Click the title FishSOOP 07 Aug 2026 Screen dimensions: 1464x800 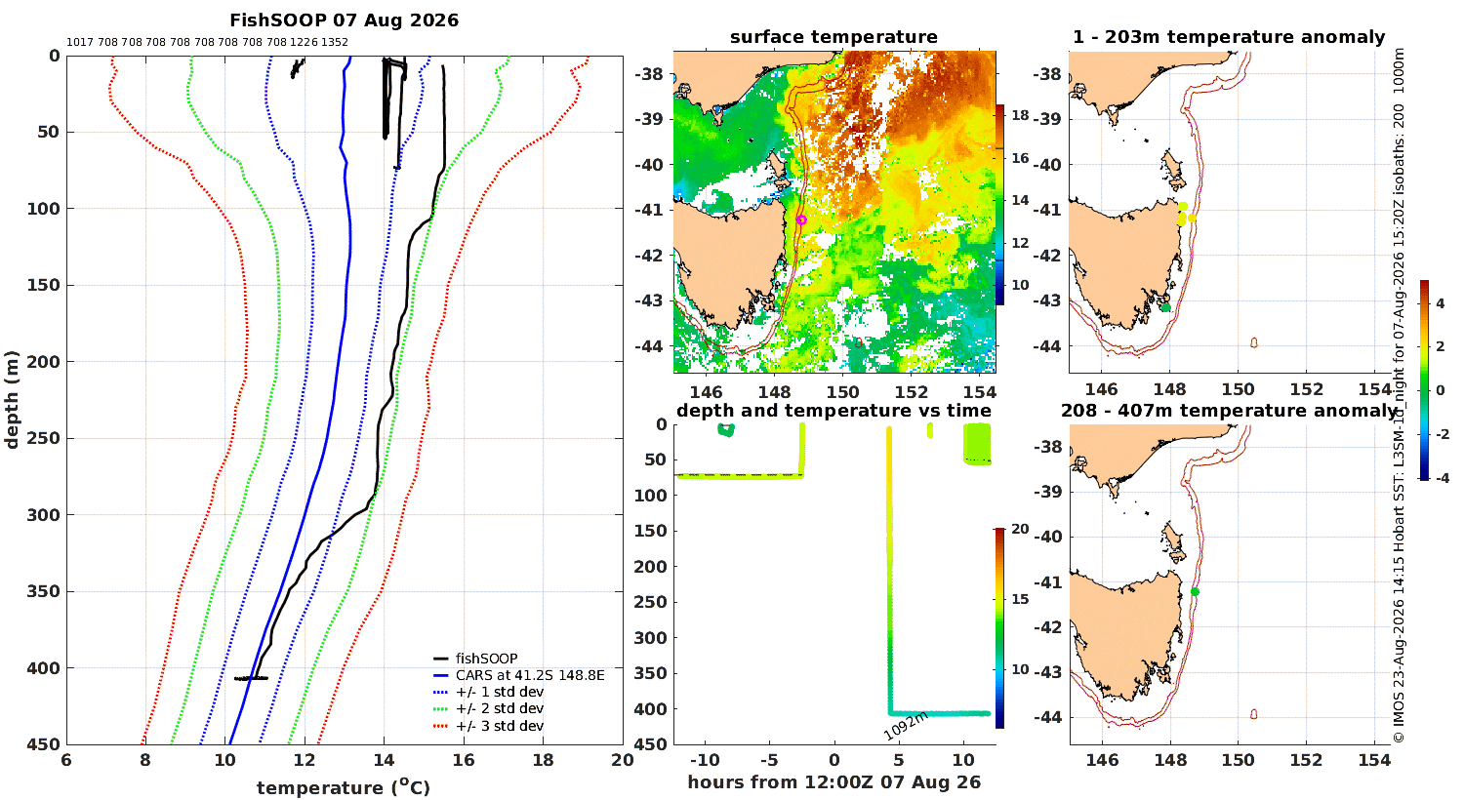pos(344,20)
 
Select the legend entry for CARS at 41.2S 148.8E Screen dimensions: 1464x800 pos(519,675)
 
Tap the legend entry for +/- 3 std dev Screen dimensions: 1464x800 pos(488,726)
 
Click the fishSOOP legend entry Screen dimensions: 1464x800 pos(475,659)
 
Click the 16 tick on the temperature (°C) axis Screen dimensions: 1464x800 pos(464,760)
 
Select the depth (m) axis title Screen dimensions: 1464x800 pos(12,400)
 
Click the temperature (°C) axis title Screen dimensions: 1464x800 pos(344,787)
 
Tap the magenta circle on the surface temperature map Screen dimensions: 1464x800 pos(801,220)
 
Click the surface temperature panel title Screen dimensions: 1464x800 pos(834,37)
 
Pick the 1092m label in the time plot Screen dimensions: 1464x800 pos(906,726)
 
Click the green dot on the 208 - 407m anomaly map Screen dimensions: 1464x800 pos(1195,591)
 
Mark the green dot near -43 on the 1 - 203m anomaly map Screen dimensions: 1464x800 pos(1166,307)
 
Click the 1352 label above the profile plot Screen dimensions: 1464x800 pos(334,43)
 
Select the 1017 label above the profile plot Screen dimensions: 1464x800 pos(80,43)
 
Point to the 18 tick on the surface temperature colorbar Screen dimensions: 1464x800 pos(1020,115)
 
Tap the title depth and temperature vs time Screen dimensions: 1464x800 pos(834,411)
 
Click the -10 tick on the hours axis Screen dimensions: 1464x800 pos(705,760)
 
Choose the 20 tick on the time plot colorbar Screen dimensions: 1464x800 pos(1020,529)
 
